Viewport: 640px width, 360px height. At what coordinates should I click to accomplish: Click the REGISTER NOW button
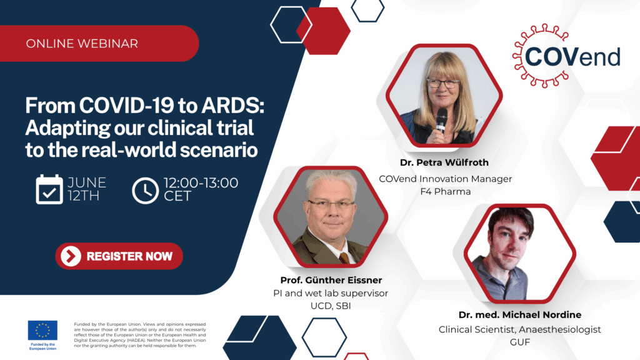click(119, 256)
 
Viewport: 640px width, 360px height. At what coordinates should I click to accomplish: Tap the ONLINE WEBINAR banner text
click(82, 43)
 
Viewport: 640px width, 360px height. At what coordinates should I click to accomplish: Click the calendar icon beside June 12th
click(49, 189)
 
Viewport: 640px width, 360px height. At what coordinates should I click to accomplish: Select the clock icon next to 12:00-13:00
click(145, 190)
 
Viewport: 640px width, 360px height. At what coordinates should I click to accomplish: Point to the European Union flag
click(42, 330)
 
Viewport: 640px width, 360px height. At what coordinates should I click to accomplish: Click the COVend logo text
click(572, 57)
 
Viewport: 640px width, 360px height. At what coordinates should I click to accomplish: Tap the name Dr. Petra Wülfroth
click(444, 162)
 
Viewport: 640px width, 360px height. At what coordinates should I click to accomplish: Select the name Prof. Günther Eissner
click(331, 281)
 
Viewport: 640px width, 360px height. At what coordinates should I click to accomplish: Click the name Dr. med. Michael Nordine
click(519, 315)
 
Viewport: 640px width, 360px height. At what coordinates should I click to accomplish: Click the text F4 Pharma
click(445, 191)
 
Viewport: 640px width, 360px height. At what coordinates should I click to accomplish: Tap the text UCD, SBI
click(331, 306)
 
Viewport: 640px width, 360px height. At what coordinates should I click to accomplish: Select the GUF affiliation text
click(519, 342)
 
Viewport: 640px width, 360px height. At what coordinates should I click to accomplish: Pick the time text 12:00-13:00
click(201, 183)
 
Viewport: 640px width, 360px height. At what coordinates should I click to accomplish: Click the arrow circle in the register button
click(71, 256)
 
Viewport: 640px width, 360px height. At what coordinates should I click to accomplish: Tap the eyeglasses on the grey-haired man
click(332, 204)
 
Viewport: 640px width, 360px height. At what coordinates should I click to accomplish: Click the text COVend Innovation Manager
click(445, 179)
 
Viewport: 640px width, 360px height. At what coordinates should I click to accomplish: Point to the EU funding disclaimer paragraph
click(139, 335)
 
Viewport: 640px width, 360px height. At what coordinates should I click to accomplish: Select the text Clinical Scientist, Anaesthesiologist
click(519, 329)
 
